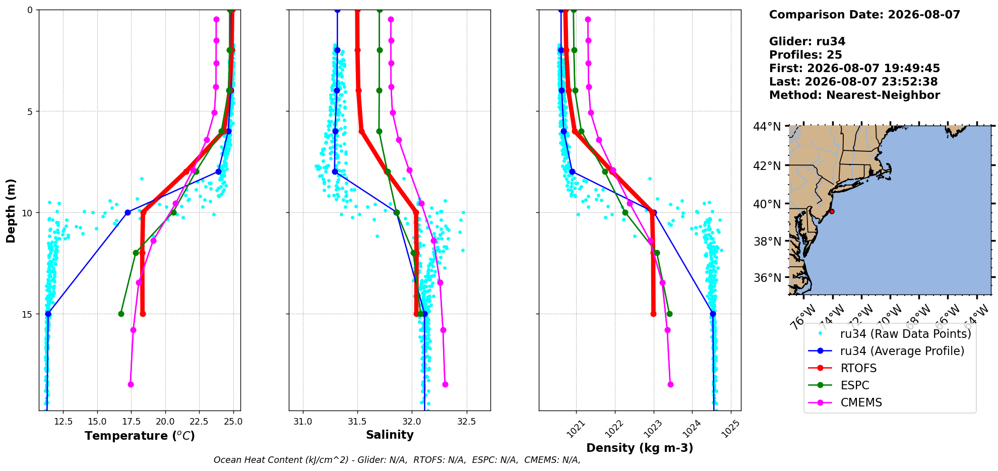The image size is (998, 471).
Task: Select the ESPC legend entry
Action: click(839, 385)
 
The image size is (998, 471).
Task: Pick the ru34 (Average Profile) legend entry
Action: click(886, 351)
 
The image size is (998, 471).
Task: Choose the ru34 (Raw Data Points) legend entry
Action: click(890, 334)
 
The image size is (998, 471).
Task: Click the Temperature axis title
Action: click(140, 436)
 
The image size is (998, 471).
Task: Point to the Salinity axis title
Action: click(390, 435)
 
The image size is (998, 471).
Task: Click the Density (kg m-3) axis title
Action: click(640, 448)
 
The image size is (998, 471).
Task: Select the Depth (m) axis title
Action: click(11, 210)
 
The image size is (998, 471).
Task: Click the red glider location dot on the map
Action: click(832, 211)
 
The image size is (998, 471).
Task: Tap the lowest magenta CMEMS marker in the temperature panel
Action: click(131, 384)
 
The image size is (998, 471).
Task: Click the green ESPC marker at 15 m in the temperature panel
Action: click(121, 314)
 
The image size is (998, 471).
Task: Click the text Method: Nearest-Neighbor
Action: click(854, 95)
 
